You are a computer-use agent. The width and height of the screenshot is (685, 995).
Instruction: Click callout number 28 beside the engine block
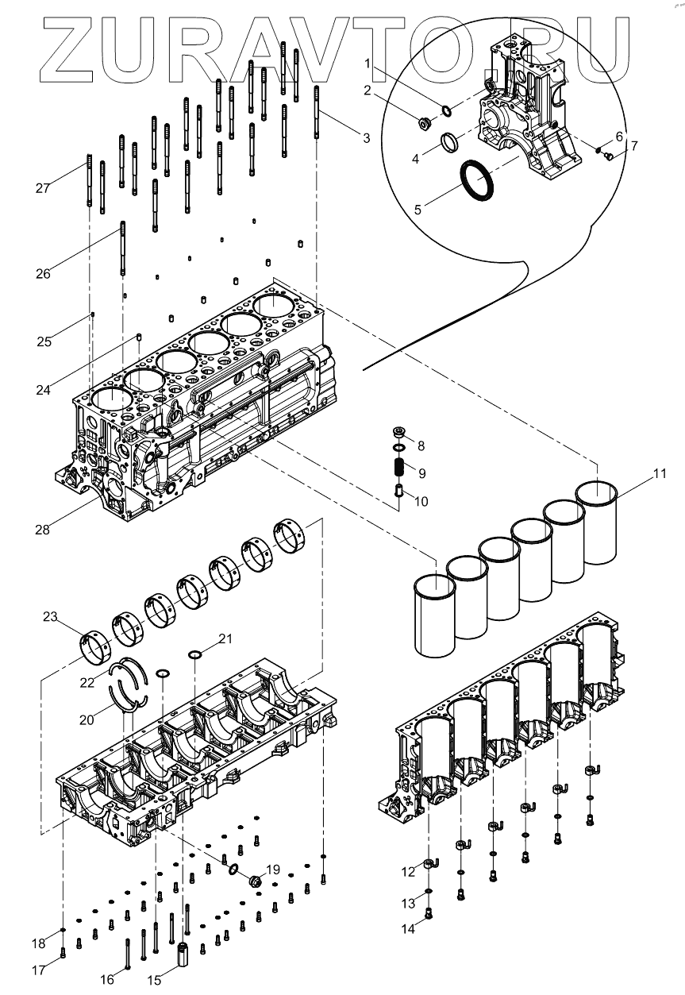(42, 530)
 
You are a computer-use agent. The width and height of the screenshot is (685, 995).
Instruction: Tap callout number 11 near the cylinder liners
(660, 475)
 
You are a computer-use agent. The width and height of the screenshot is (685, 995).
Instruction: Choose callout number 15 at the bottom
(155, 981)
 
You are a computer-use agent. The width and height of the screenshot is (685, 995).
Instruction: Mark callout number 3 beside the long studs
(366, 138)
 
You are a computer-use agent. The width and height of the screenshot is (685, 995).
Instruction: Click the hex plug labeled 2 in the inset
(425, 122)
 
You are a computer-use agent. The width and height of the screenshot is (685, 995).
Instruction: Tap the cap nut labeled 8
(399, 433)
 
